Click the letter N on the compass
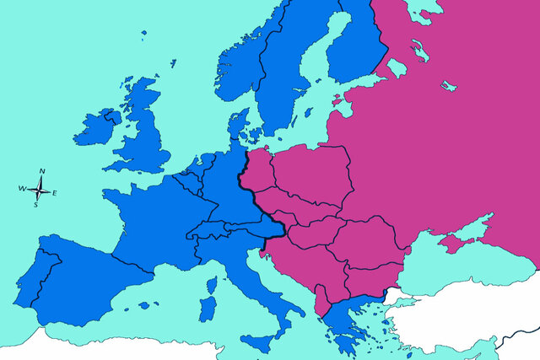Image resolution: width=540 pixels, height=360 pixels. (x=42, y=171)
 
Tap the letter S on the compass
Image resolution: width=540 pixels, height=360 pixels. (x=35, y=204)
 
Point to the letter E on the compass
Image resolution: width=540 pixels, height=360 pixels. (x=55, y=194)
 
